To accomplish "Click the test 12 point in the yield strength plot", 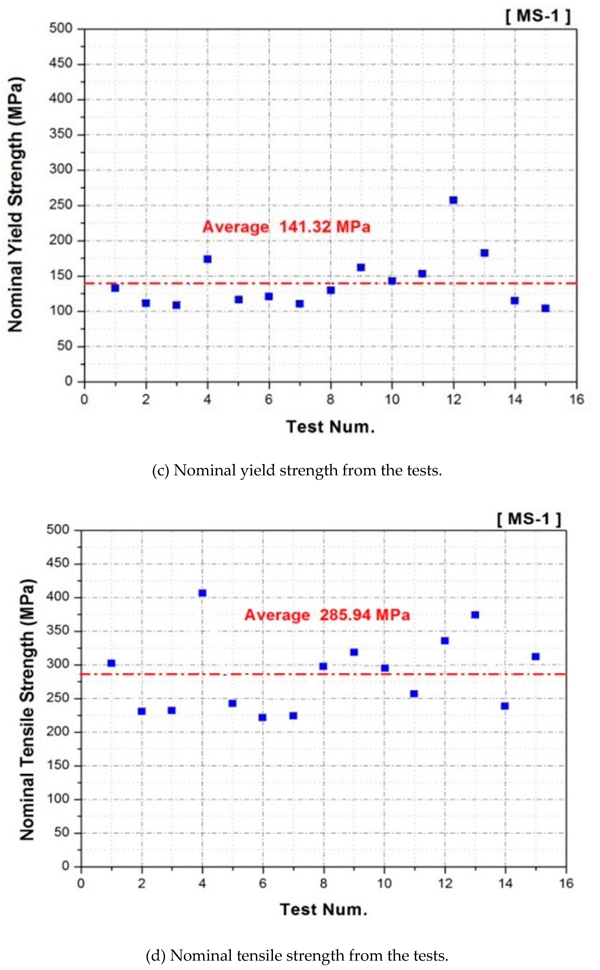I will pos(453,200).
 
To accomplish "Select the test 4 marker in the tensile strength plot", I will pos(202,593).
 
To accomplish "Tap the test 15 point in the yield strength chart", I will pos(545,308).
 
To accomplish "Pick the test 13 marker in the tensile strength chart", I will pos(475,615).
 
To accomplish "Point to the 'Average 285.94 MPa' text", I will pos(327,615).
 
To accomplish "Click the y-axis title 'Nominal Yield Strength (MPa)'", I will pos(16,204).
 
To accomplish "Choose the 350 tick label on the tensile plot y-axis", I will pos(58,630).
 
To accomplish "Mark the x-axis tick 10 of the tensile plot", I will pos(384,883).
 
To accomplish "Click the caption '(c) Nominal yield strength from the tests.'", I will pos(297,471).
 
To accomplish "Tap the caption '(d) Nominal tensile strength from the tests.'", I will pos(297,956).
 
